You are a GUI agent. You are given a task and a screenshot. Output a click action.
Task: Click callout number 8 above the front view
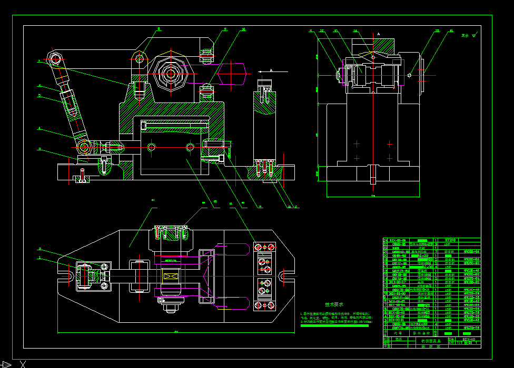pos(159,29)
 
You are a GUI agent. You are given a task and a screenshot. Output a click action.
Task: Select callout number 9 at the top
pos(225,29)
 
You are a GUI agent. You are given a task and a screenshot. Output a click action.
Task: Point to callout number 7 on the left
pos(38,62)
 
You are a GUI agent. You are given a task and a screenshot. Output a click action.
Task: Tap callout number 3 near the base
pos(38,149)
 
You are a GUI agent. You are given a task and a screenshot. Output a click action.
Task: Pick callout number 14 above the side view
pos(355,31)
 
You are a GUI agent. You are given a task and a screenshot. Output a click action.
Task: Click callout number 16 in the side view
pos(450,31)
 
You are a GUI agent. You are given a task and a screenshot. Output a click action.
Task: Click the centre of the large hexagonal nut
pos(170,74)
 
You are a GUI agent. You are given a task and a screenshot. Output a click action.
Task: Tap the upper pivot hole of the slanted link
pos(54,57)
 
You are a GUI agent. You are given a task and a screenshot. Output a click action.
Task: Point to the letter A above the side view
pos(378,34)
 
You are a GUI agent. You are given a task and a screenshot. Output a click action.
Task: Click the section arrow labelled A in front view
pos(271,70)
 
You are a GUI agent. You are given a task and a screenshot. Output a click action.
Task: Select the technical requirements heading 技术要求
pos(334,304)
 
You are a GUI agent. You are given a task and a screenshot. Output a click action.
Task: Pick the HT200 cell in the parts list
pos(450,240)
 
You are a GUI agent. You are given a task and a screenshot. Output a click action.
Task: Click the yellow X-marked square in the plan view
pos(170,276)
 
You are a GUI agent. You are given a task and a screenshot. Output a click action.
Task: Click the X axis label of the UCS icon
pos(23,363)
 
